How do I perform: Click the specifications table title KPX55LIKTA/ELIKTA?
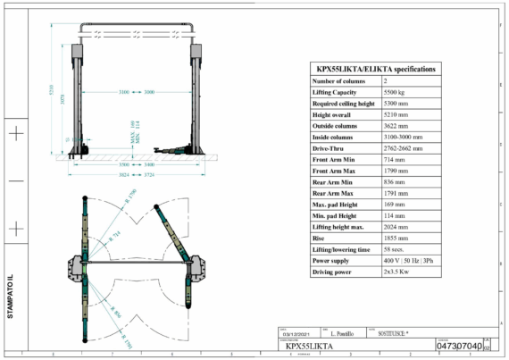pyautogui.click(x=376, y=68)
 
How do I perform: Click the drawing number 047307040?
pyautogui.click(x=461, y=345)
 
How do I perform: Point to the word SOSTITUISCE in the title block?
pyautogui.click(x=390, y=332)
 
